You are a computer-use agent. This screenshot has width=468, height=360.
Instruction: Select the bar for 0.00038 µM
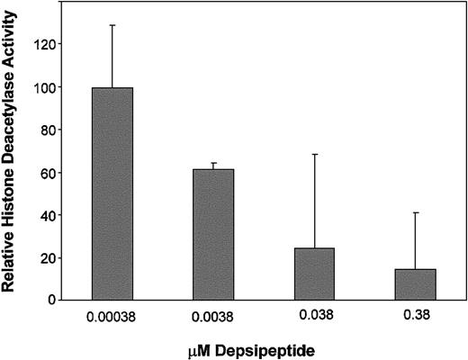112,193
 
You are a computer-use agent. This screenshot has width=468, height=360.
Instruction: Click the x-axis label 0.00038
112,317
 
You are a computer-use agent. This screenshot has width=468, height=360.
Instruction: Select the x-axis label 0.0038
213,317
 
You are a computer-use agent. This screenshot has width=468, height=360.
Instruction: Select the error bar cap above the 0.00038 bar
112,24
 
